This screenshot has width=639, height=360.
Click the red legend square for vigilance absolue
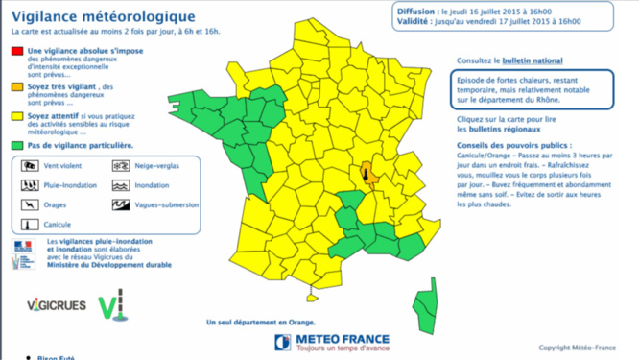18,50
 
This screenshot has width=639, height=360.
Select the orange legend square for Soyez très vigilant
18,86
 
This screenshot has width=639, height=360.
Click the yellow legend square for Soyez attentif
18,115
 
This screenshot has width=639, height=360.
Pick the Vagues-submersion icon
121,205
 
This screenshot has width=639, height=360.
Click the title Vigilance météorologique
103,16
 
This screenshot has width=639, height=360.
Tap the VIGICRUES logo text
57,306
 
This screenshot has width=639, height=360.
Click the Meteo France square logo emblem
283,342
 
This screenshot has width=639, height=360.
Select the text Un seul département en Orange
261,323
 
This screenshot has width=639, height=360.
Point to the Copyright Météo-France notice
577,348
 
